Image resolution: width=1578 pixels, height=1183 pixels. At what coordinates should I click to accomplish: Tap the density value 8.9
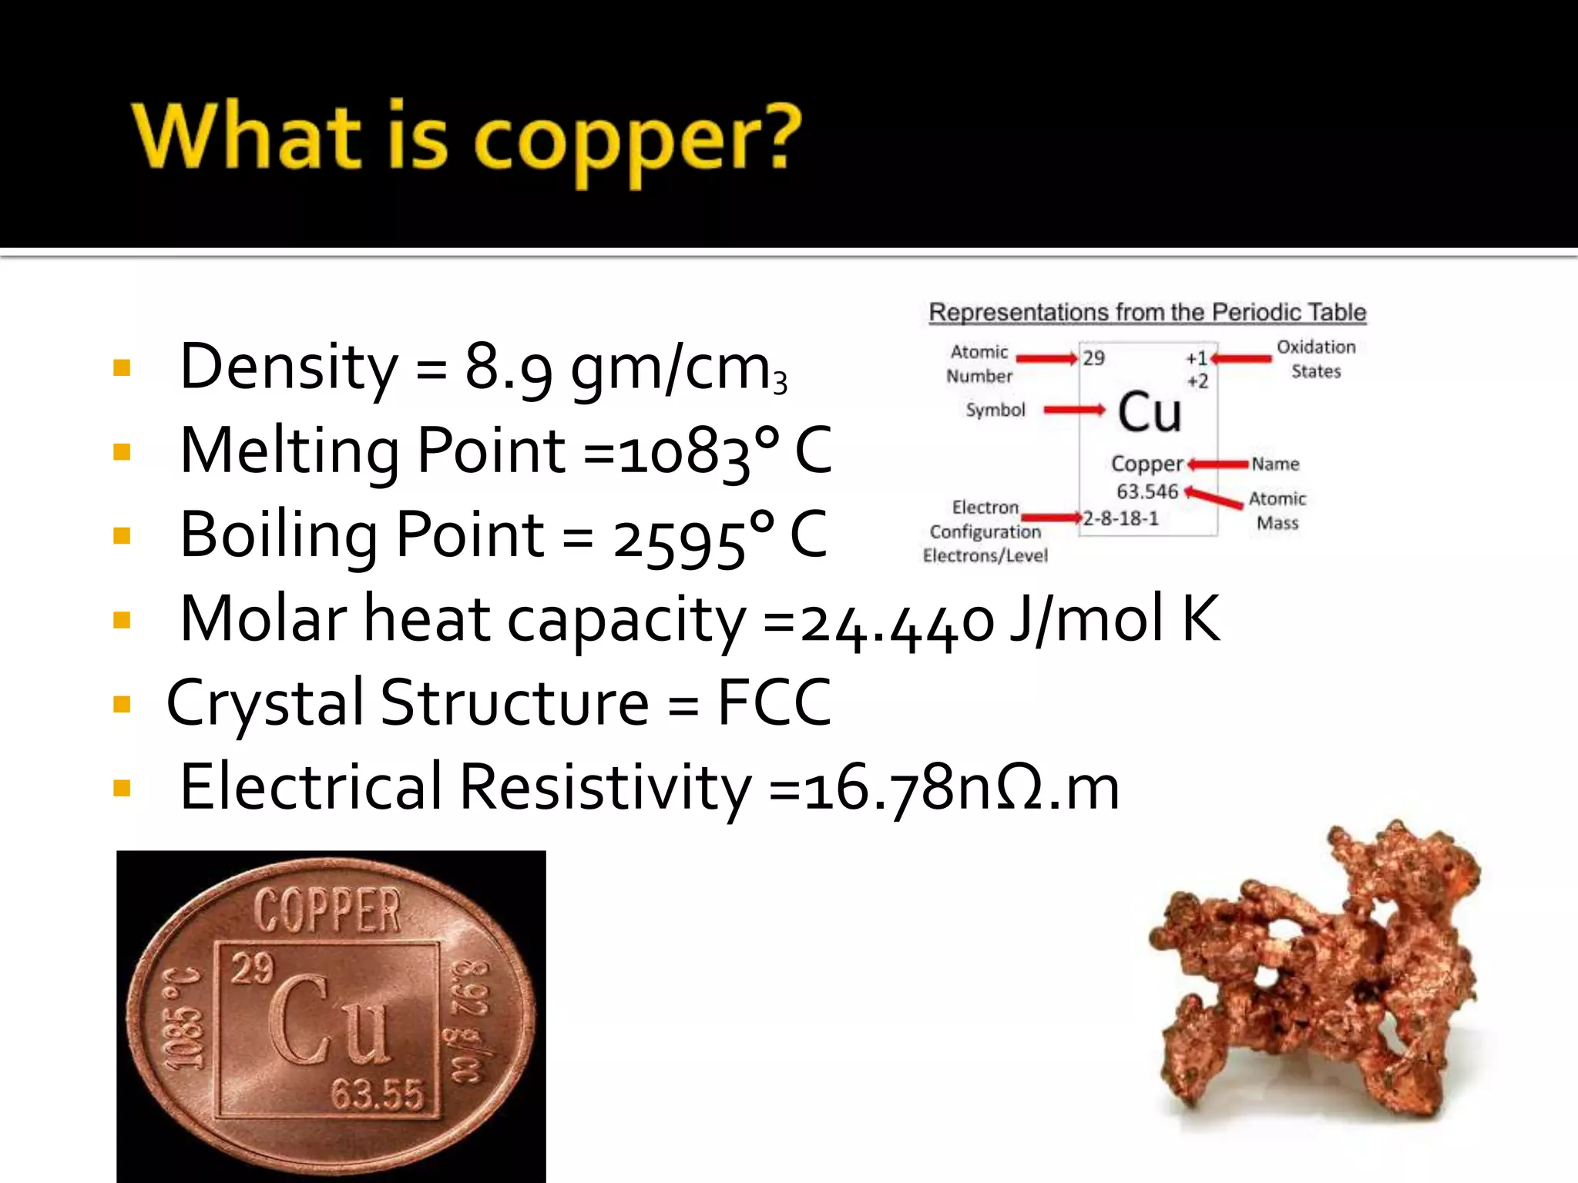508,367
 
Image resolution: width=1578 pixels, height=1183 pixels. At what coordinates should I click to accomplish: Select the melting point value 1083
683,452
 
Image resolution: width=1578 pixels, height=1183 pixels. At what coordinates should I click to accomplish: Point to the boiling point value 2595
679,537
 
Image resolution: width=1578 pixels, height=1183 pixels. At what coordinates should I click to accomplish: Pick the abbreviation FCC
774,702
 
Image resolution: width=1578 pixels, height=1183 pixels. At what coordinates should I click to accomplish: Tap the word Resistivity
605,787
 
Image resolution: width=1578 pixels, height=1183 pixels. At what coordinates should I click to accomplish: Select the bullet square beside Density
122,367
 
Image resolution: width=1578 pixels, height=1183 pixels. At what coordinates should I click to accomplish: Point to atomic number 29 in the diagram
1093,358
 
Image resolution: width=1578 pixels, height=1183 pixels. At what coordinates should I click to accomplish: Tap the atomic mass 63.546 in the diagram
1147,491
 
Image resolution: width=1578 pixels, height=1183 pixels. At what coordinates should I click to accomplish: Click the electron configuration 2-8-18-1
1121,518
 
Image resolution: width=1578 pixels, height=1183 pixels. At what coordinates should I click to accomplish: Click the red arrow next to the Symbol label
1074,410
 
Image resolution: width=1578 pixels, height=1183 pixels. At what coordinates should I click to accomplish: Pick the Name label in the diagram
1275,464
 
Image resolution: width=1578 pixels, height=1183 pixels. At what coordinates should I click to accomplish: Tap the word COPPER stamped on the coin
328,911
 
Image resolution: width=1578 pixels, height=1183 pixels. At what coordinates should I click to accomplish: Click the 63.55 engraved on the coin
378,1094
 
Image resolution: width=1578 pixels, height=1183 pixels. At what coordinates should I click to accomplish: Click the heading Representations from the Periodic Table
1147,313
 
